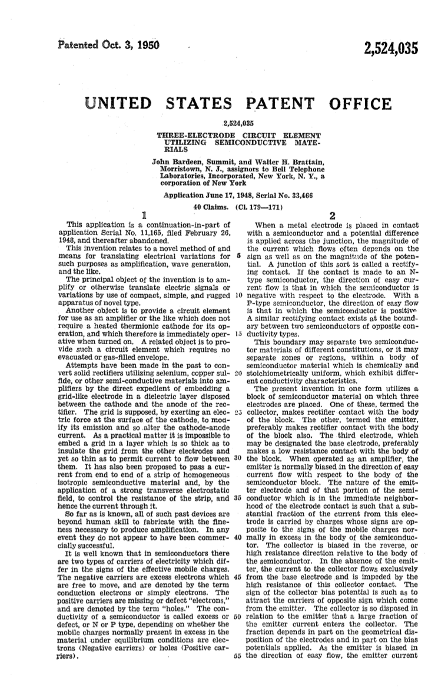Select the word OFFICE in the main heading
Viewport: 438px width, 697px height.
coord(357,105)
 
